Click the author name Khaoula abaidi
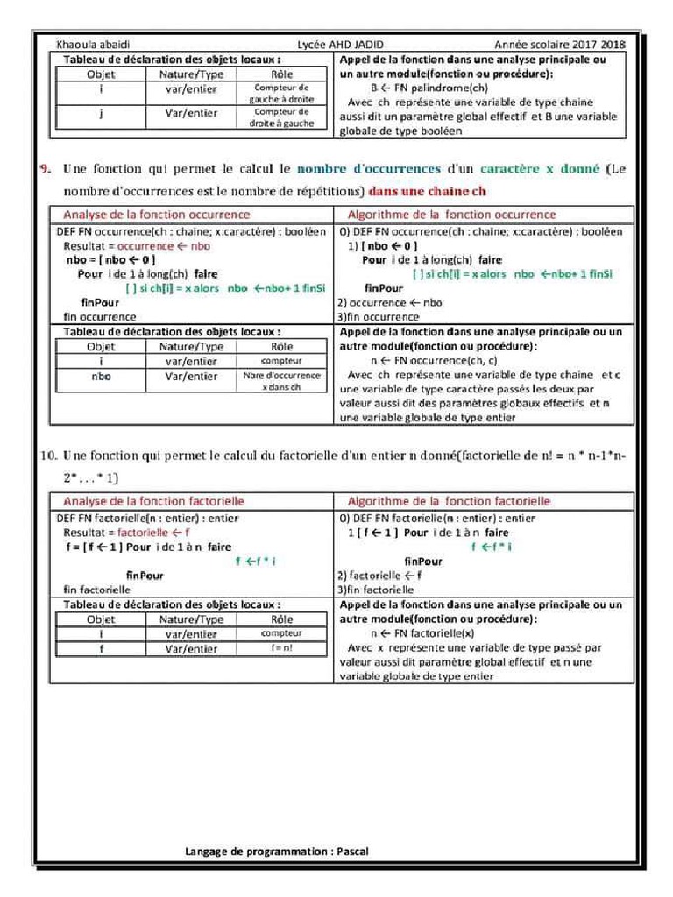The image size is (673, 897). pos(93,45)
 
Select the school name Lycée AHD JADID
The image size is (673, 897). pos(340,45)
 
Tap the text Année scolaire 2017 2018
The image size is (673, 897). pos(559,45)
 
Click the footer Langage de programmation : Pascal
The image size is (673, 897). pos(283,851)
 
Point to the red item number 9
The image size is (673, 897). pos(46,169)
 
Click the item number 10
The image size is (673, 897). pos(48,456)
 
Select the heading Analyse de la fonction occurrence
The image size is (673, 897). pos(156,215)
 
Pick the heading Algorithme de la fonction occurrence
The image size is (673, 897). pos(451,215)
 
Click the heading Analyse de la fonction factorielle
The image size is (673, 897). pos(153,501)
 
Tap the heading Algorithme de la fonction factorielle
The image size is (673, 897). pos(449,501)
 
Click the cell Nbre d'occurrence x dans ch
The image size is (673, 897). pos(281,380)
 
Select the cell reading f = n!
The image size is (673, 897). pos(281,648)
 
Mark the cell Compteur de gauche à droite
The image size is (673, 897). pos(281,94)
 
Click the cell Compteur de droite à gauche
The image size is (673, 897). pos(281,117)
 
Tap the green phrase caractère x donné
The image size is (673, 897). pos(539,169)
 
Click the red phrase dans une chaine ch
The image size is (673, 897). pos(427,191)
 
